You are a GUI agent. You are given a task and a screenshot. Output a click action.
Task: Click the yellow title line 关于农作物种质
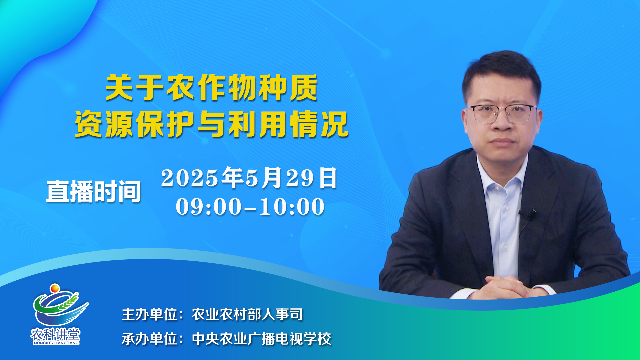click(211, 88)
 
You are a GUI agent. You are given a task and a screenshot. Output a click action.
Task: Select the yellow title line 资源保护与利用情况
click(211, 124)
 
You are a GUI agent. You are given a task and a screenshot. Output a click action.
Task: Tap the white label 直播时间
click(94, 191)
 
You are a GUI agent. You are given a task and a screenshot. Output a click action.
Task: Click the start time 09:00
click(209, 207)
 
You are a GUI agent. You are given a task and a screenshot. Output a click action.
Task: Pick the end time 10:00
click(292, 207)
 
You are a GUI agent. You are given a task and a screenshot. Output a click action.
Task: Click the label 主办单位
click(149, 314)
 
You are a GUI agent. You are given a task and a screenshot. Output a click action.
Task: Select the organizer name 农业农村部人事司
click(247, 314)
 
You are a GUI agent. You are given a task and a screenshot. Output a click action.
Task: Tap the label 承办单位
click(149, 339)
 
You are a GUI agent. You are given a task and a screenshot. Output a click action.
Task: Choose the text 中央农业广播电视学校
click(262, 339)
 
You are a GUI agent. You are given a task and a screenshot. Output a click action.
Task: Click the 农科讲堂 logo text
click(56, 334)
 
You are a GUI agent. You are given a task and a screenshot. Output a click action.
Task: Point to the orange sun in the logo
click(55, 288)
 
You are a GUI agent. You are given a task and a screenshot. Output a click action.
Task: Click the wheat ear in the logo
click(69, 301)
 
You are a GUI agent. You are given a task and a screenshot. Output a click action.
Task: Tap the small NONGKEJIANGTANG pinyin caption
click(56, 343)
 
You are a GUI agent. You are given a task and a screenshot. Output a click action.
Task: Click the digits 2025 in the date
click(189, 178)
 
